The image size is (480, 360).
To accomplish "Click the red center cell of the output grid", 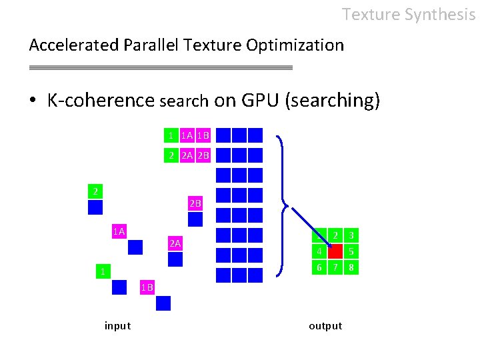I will [335, 251].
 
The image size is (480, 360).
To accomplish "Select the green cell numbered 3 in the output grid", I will [351, 235].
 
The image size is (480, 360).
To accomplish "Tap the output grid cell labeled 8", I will [351, 267].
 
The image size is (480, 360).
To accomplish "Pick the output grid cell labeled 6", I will [319, 267].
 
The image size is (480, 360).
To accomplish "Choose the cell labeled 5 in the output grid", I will [351, 251].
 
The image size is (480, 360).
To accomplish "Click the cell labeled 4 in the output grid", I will [319, 251].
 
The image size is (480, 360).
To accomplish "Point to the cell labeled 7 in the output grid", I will [335, 267].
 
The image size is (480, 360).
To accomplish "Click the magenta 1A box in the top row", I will [187, 135].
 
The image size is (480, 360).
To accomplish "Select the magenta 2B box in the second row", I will [203, 155].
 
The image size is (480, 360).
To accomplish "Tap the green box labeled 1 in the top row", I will [171, 135].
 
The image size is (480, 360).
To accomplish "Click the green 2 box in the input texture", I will [95, 191].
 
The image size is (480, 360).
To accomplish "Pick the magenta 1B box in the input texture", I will [147, 287].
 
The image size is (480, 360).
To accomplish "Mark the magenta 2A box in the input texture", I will [175, 243].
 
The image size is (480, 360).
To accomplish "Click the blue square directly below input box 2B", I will [195, 219].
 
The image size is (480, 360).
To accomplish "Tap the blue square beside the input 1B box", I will [163, 303].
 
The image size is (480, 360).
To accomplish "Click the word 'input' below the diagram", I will [117, 326].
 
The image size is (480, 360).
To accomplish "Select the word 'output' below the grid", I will [325, 326].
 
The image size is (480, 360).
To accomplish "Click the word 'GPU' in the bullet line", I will [255, 101].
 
